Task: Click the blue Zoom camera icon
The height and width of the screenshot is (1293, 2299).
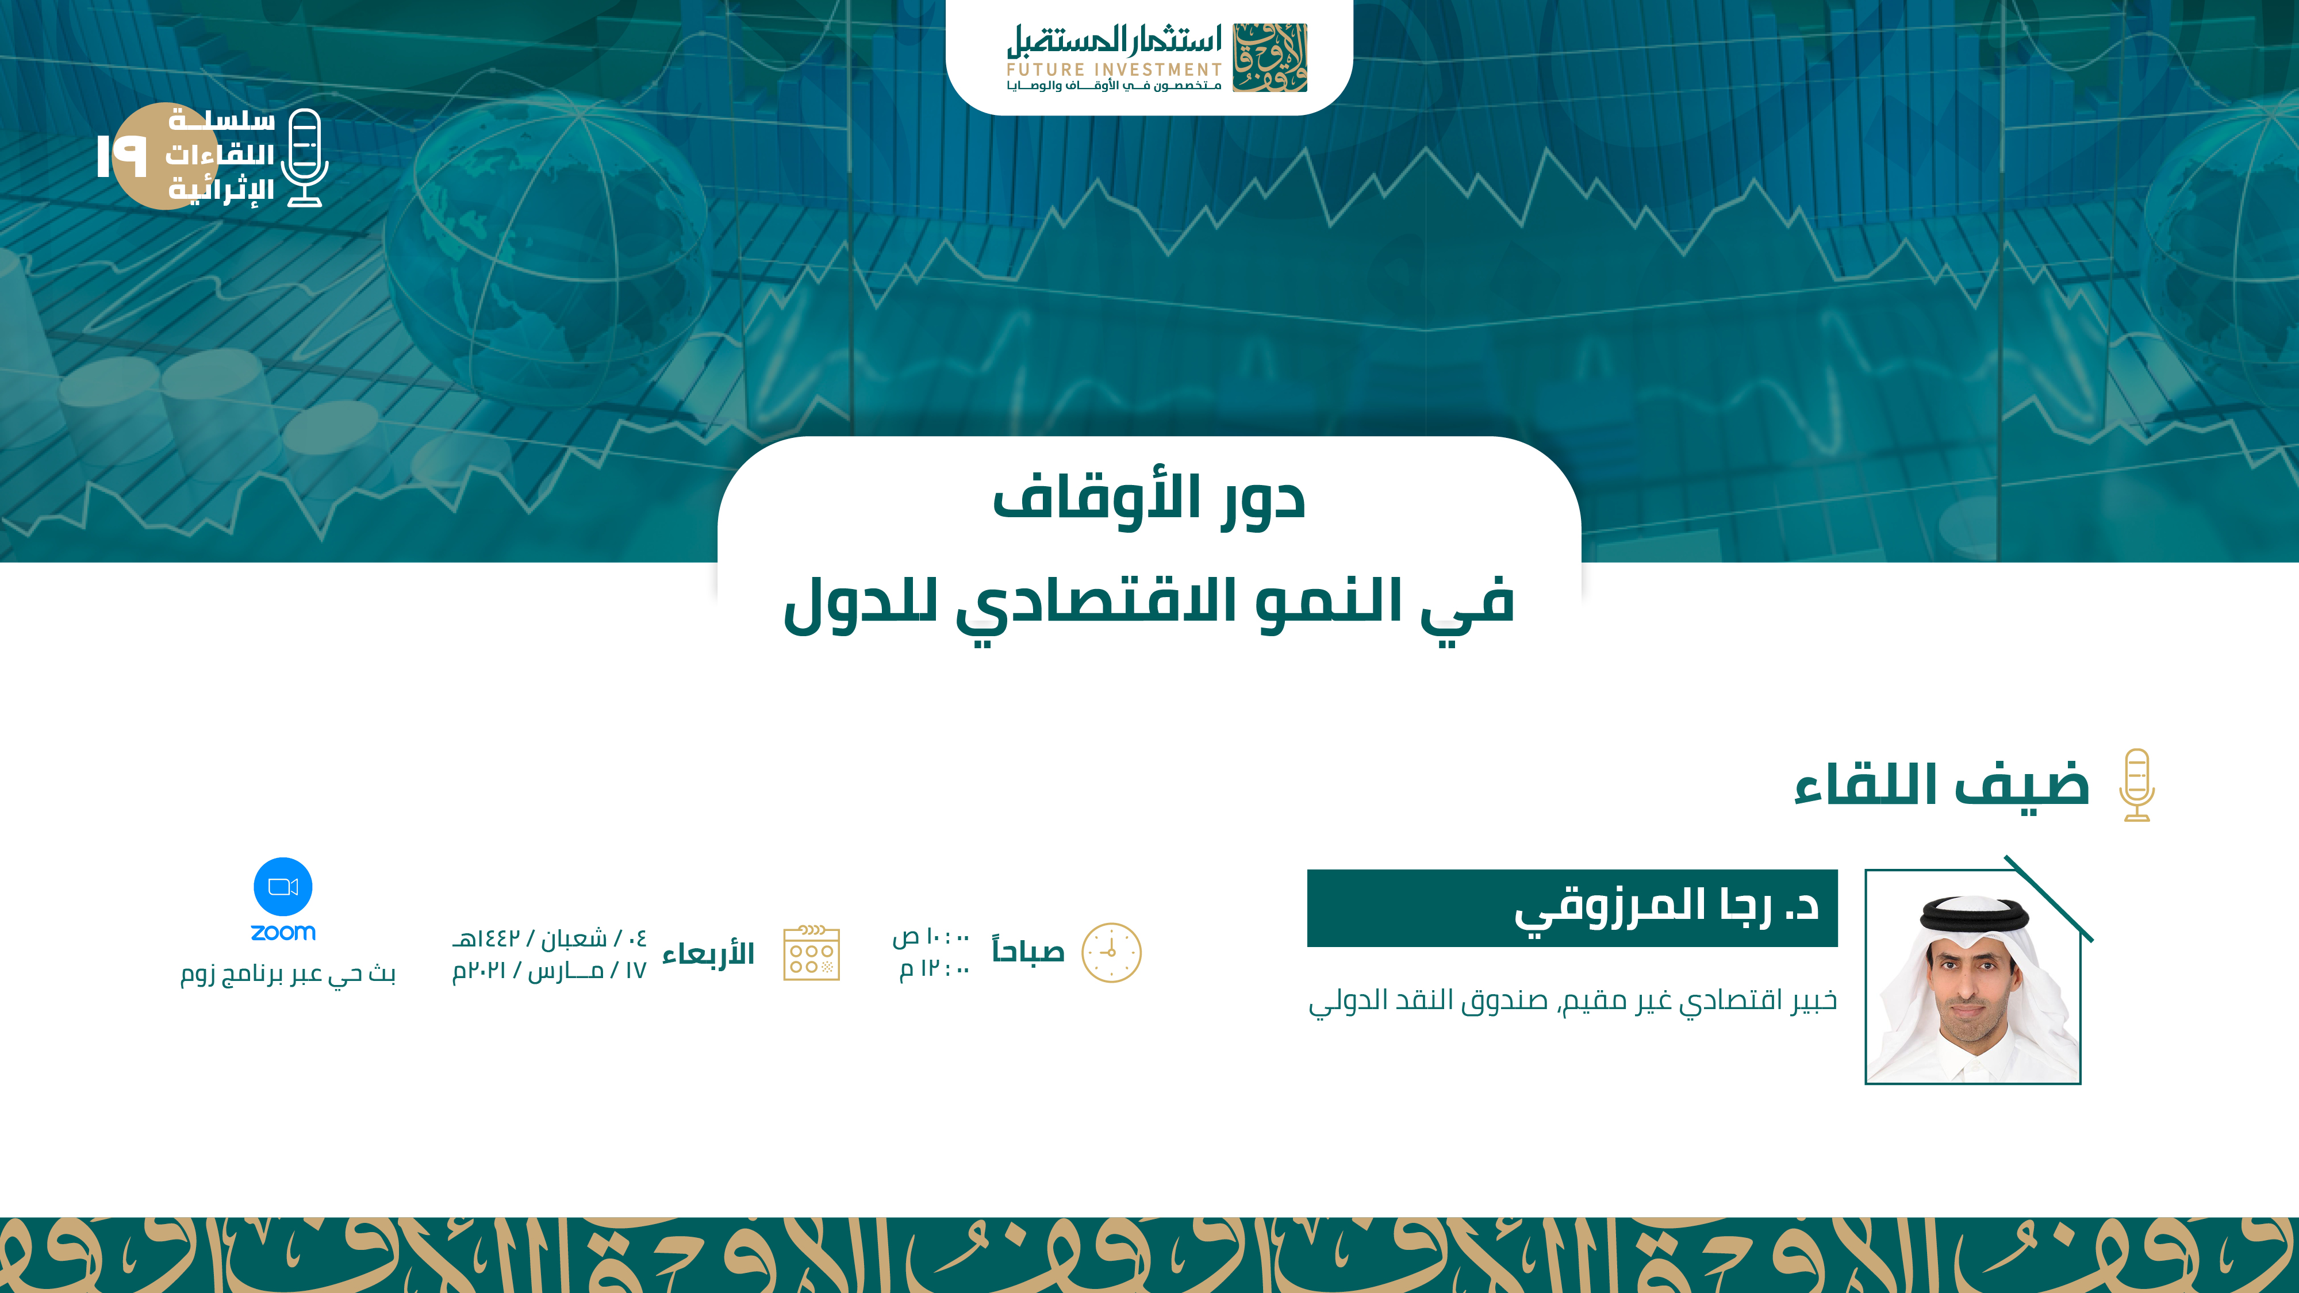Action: click(x=283, y=887)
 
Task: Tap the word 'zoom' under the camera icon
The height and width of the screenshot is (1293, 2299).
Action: click(x=283, y=933)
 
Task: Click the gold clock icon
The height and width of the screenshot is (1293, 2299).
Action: click(x=1111, y=953)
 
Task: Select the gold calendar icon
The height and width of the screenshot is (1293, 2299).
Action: click(x=811, y=953)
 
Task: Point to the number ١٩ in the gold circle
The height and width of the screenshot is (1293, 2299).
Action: click(x=121, y=156)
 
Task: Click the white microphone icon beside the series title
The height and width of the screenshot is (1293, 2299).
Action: click(x=304, y=158)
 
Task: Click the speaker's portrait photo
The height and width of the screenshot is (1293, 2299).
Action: click(x=1973, y=977)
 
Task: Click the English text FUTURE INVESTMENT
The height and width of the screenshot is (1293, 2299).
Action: click(x=1114, y=70)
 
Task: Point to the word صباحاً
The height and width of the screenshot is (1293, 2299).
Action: click(x=1028, y=951)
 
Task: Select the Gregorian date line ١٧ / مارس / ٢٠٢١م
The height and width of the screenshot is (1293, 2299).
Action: click(x=549, y=970)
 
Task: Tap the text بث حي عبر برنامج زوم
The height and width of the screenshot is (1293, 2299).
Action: click(x=287, y=973)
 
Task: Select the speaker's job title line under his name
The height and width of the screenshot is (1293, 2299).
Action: click(x=1572, y=1001)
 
